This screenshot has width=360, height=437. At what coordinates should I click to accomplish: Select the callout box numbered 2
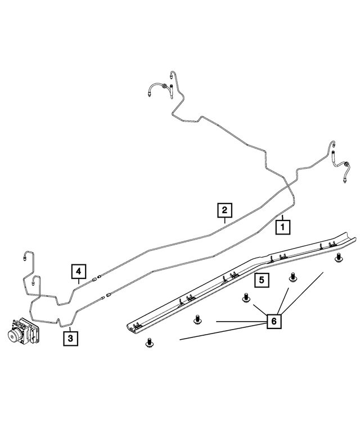pos(224,210)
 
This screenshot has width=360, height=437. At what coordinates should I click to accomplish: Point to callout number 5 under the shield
pos(262,280)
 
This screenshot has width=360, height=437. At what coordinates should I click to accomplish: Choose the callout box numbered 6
pos(273,321)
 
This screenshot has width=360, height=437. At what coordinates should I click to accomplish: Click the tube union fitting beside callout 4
pos(100,277)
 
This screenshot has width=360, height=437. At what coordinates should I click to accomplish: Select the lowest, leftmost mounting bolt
pos(150,341)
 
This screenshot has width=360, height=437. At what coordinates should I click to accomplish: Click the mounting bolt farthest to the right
pos(339,258)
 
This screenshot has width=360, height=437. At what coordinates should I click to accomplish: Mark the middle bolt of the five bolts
pos(245,298)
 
